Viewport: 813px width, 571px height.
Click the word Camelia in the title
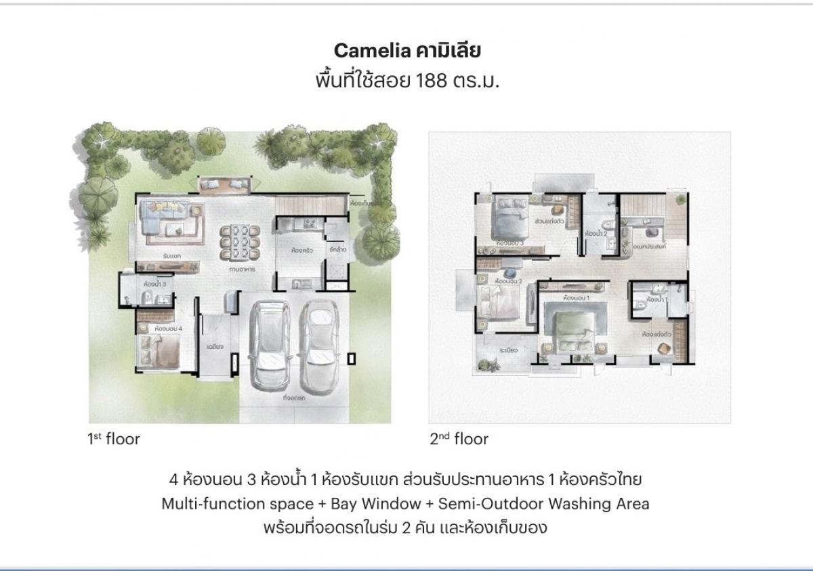pyautogui.click(x=363, y=51)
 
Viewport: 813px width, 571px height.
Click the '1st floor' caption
pyautogui.click(x=113, y=439)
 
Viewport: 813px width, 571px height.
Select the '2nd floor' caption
pyautogui.click(x=459, y=439)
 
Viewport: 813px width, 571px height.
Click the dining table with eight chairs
pyautogui.click(x=238, y=240)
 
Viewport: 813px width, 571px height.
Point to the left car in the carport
pyautogui.click(x=271, y=345)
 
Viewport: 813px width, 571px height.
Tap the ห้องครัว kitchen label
pyautogui.click(x=301, y=250)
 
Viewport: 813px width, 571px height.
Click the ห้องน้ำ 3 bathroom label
pyautogui.click(x=154, y=284)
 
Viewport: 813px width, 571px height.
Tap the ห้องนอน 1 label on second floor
pyautogui.click(x=577, y=297)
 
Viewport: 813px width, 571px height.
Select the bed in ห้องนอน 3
pyautogui.click(x=509, y=217)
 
